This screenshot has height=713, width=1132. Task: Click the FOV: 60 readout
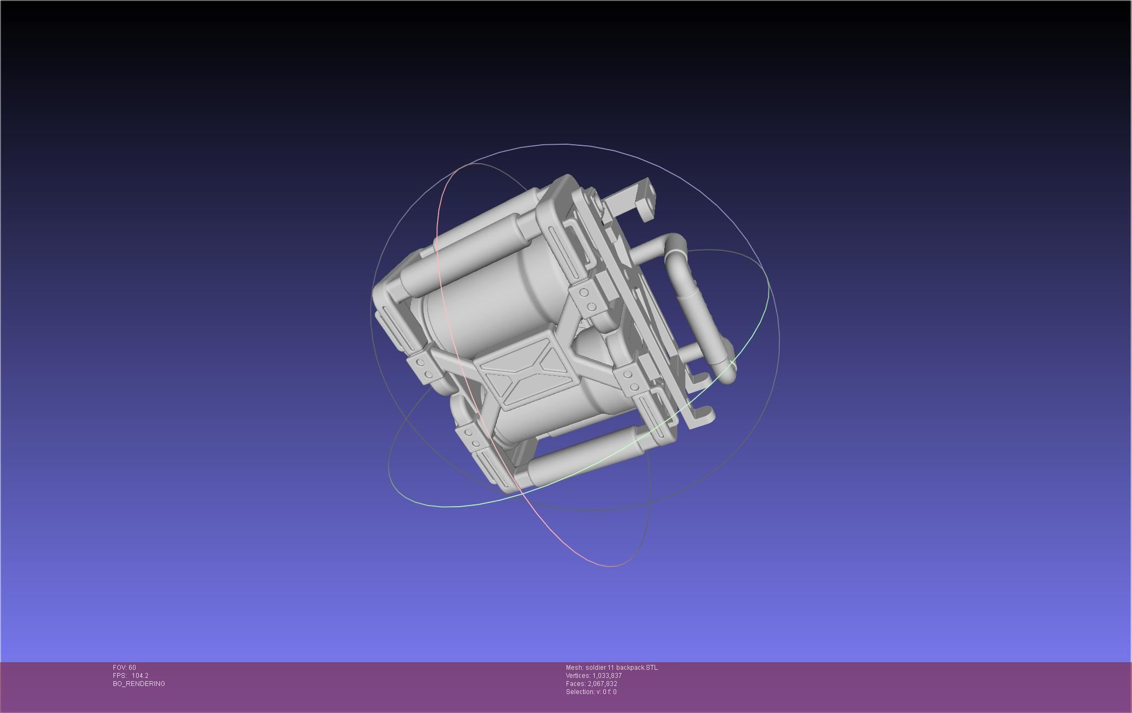pos(124,668)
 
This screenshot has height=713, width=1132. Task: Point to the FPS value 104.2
pos(140,676)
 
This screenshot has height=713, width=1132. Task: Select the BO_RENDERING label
pos(139,684)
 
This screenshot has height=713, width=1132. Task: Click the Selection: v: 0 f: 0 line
pos(591,692)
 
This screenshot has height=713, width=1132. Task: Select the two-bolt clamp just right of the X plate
pos(629,381)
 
